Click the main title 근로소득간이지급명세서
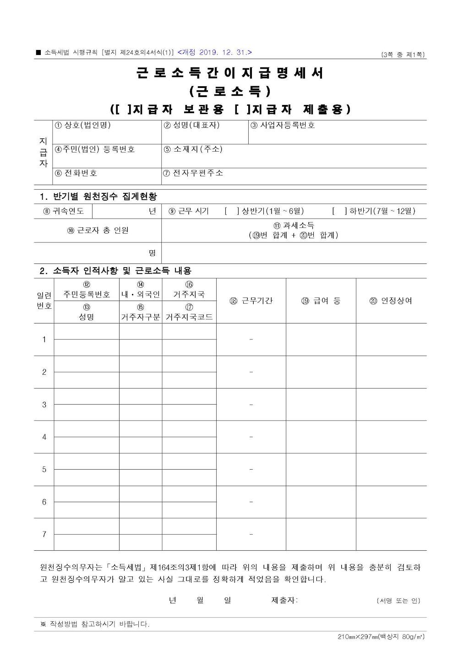pos(230,73)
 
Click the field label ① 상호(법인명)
pos(82,125)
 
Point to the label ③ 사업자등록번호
pos(283,125)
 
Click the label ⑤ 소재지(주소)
pos(193,149)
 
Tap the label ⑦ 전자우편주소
pos(193,173)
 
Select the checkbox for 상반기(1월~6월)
pos(232,211)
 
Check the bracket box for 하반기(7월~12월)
pos(339,211)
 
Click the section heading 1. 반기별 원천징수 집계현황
pos(98,197)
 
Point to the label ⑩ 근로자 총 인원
pos(98,230)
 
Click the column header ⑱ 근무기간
pos(251,301)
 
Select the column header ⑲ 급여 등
pos(321,301)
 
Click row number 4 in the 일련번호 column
pos(44,437)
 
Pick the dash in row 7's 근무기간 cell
pos(251,534)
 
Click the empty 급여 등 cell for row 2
pos(321,372)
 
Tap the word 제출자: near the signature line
pos(284,600)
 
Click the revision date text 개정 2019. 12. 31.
pos(214,53)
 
